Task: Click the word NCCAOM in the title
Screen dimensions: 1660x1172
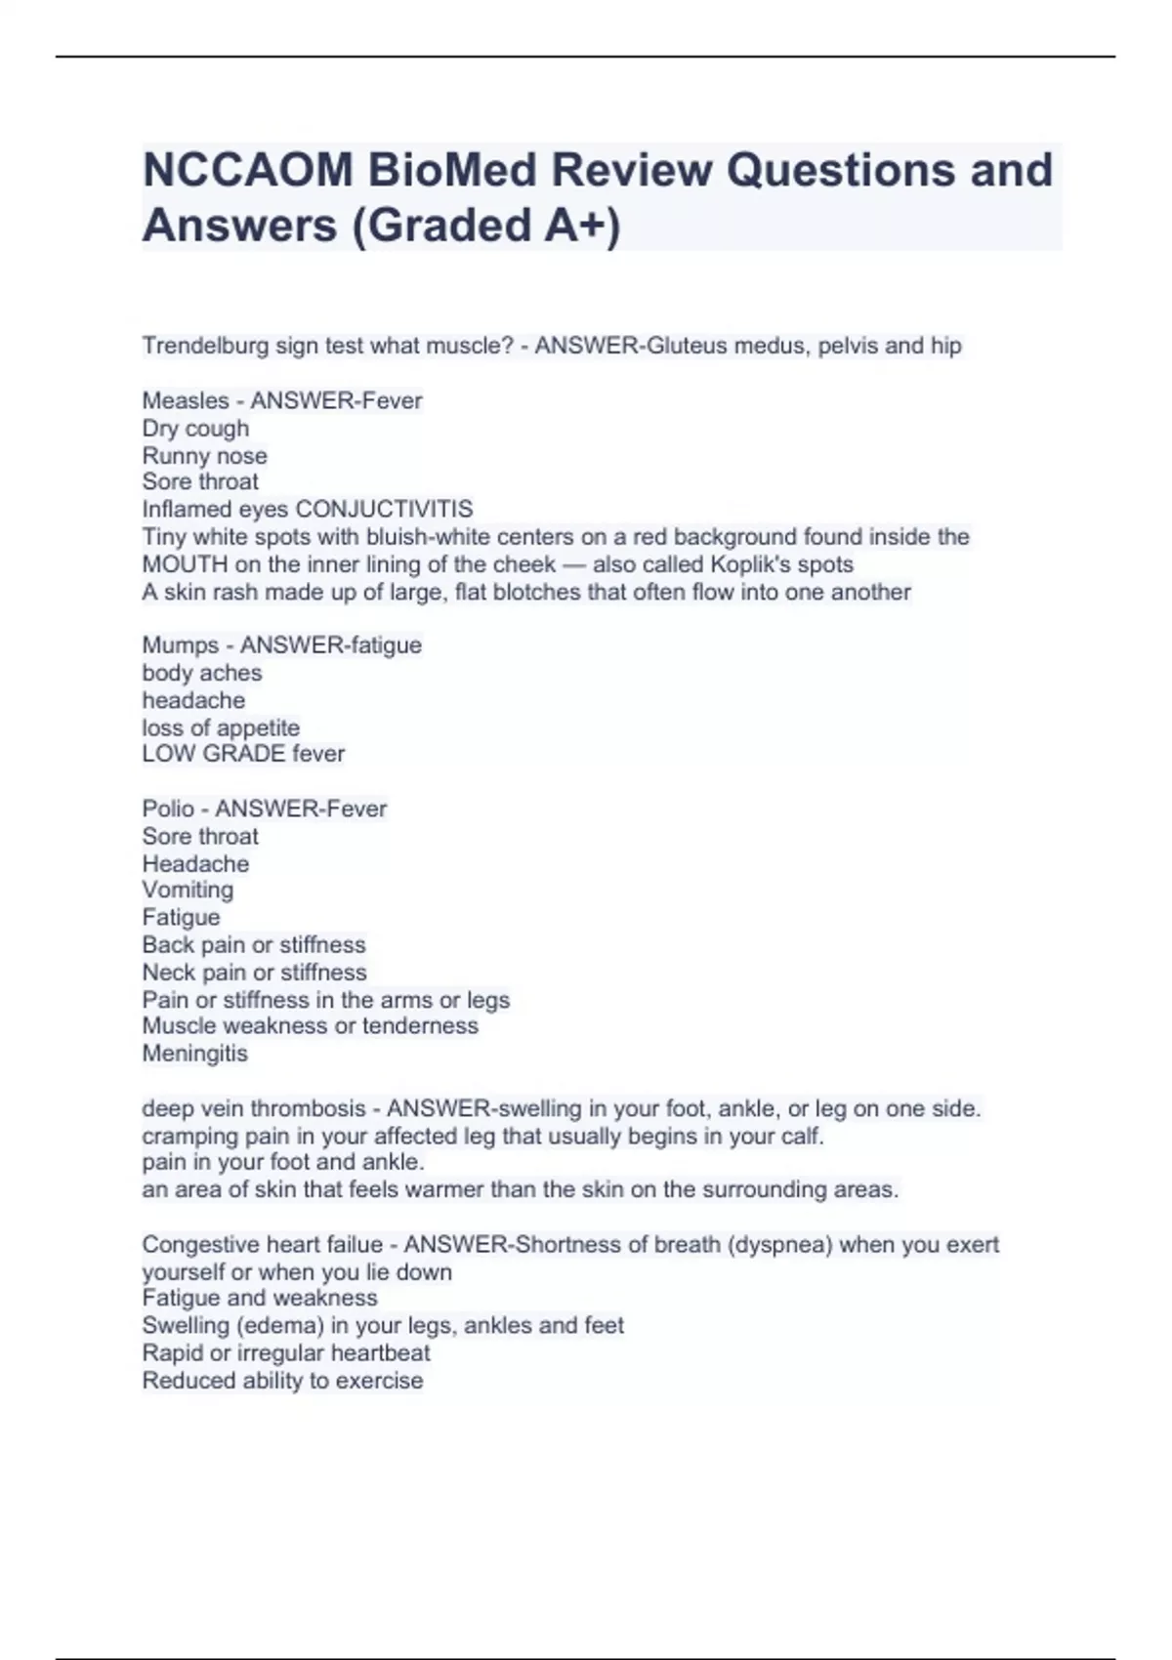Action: (x=247, y=170)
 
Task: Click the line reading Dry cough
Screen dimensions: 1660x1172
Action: (x=195, y=429)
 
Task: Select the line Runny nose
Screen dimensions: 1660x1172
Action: (x=204, y=456)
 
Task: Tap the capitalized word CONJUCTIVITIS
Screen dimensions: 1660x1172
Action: (x=384, y=510)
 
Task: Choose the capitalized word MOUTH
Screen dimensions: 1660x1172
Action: (x=185, y=564)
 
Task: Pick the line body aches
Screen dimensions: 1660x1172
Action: (x=202, y=673)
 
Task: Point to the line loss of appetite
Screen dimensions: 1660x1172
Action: (x=221, y=727)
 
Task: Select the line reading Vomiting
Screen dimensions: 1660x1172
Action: (x=188, y=890)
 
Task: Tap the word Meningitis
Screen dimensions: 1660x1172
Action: (x=194, y=1054)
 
